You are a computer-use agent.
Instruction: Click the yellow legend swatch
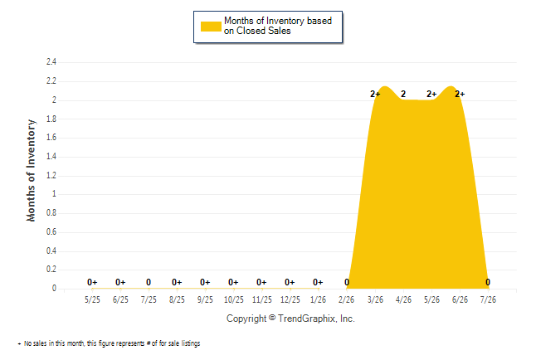coord(211,27)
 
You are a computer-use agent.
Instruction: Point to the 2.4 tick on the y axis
coord(51,62)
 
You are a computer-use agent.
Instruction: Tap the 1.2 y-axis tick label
coord(51,175)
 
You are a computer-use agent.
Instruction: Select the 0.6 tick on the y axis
coord(51,231)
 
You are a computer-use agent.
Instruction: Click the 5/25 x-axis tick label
coord(92,299)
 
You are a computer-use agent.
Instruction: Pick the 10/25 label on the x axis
coord(234,299)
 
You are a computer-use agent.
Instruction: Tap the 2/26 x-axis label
coord(347,299)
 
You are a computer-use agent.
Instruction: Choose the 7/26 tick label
coord(488,299)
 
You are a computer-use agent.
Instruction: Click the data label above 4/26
coord(403,94)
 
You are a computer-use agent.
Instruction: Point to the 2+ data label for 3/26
coord(375,94)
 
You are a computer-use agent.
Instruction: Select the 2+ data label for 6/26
coord(460,94)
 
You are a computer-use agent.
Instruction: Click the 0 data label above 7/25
coord(149,282)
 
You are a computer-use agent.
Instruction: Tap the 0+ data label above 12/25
coord(290,282)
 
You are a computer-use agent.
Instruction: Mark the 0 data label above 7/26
coord(488,282)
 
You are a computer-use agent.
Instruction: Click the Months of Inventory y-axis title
coord(31,170)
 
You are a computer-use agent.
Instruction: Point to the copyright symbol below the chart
coord(272,318)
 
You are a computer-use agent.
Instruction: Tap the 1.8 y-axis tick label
coord(51,119)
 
